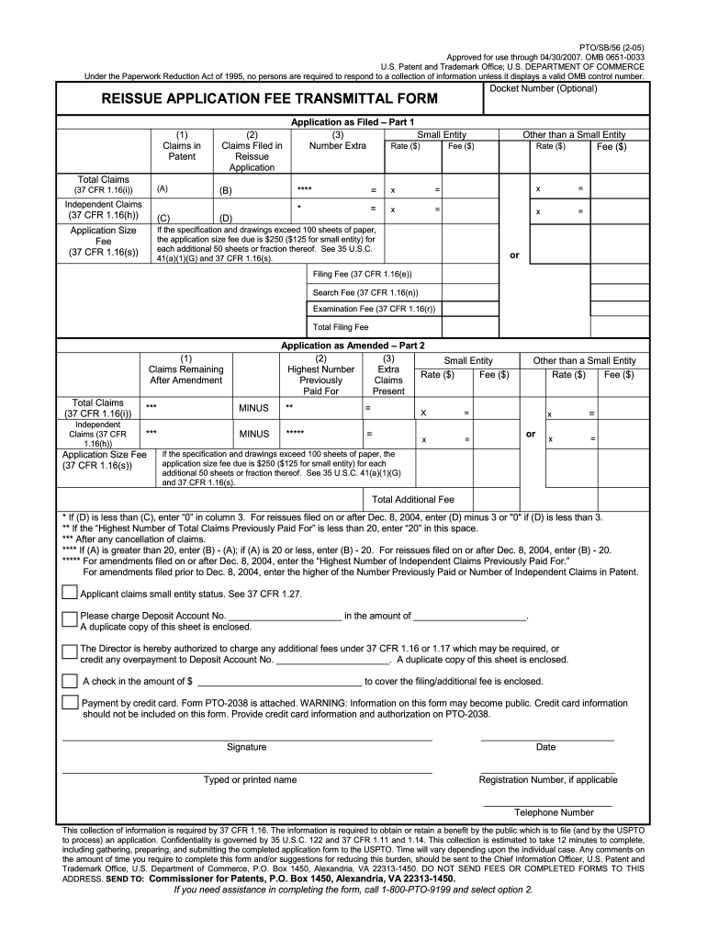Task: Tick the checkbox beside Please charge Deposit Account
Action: tap(69, 618)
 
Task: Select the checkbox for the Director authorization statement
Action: tap(69, 652)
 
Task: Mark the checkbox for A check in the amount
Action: tap(69, 681)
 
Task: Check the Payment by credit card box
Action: tap(69, 703)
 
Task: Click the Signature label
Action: tap(246, 747)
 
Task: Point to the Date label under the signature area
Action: tap(545, 747)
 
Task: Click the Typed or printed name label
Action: tap(250, 780)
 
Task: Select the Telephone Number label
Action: tap(554, 812)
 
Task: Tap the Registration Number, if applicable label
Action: tap(548, 780)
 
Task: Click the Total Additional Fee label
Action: tap(412, 500)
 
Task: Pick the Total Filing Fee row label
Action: tap(341, 326)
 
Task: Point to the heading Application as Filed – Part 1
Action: tap(353, 121)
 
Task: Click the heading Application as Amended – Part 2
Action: tap(353, 346)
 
